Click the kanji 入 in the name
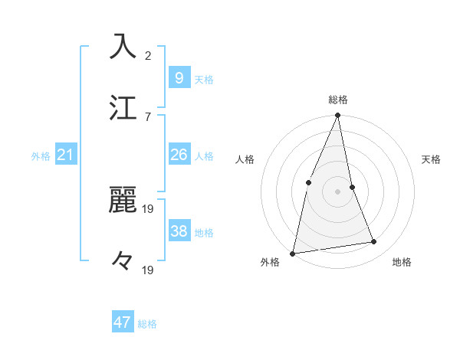pos(123,46)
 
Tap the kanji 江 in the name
pos(123,107)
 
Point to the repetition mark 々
pos(123,260)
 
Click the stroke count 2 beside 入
pos(148,55)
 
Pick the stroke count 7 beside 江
pos(148,116)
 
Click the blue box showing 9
pos(179,77)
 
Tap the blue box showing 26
pos(179,155)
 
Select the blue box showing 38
pos(179,231)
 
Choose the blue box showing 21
pos(65,155)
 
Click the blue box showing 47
pos(123,322)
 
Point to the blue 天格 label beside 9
pos(203,79)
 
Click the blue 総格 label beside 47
pos(147,324)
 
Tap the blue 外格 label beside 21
pos(41,156)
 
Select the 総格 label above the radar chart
pos(338,100)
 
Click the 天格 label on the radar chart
pos(431,159)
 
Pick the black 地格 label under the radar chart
pos(402,263)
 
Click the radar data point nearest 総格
pos(338,116)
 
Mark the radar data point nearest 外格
pos(293,253)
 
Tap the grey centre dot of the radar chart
pos(338,191)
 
